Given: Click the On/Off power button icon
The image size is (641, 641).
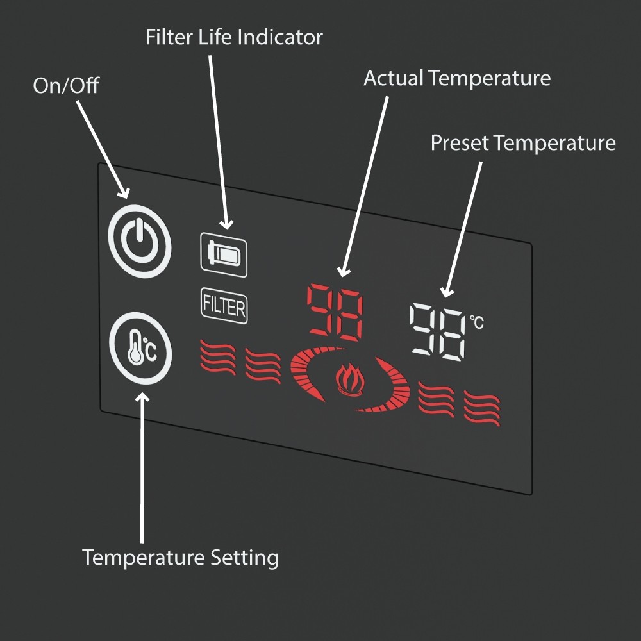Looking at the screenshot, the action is (x=140, y=242).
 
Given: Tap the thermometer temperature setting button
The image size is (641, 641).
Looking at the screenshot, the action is (x=140, y=348).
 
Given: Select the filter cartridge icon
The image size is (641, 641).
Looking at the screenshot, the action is (x=224, y=254).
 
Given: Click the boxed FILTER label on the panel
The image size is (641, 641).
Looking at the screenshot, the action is (x=224, y=306).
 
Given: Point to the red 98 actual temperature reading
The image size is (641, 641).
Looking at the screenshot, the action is (x=335, y=312).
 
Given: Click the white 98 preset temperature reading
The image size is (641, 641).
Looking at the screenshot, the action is (x=437, y=331).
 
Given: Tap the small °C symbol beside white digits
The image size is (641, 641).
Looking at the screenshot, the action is (x=477, y=322).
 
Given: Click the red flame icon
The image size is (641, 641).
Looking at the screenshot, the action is (x=349, y=379).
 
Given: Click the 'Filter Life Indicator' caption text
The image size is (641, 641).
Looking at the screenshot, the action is (x=234, y=37).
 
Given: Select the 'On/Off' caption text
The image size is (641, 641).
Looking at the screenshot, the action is (x=66, y=85).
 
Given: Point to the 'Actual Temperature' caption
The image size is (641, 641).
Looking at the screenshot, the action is (x=457, y=78).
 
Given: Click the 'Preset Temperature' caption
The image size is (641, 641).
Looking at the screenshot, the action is (x=523, y=143).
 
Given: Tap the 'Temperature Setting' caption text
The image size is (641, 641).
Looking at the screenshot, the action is (x=180, y=558).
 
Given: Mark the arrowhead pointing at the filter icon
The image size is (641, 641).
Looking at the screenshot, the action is (x=226, y=224).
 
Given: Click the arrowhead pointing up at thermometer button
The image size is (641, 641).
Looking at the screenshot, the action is (x=142, y=397).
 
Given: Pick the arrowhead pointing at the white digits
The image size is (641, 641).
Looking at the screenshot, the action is (x=446, y=292).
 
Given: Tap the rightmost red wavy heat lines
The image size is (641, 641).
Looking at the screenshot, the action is (x=482, y=408).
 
